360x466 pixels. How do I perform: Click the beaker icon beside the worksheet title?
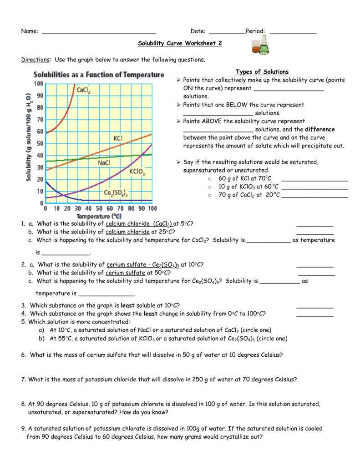pyautogui.click(x=260, y=46)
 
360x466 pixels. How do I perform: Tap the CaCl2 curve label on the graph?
pyautogui.click(x=83, y=90)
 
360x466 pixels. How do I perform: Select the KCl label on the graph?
pyautogui.click(x=118, y=138)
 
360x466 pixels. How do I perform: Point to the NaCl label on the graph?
pyautogui.click(x=105, y=162)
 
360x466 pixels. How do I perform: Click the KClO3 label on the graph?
pyautogui.click(x=137, y=172)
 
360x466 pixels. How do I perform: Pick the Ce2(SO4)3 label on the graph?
pyautogui.click(x=115, y=193)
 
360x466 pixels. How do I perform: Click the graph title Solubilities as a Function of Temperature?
pyautogui.click(x=98, y=75)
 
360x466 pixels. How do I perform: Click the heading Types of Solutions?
pyautogui.click(x=262, y=72)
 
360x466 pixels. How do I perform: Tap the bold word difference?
pyautogui.click(x=319, y=129)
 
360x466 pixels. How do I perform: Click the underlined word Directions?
pyautogui.click(x=36, y=60)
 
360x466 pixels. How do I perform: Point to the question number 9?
pyautogui.click(x=23, y=428)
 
